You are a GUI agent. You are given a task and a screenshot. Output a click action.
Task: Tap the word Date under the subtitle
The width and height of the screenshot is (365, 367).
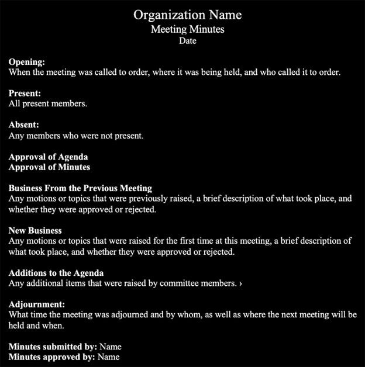click(x=187, y=41)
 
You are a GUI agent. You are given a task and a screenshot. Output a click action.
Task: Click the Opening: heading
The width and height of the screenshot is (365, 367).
click(x=27, y=62)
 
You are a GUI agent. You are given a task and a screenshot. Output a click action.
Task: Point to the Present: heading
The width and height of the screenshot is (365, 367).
click(x=25, y=94)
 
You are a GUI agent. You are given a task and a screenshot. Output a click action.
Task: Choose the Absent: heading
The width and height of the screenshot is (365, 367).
click(x=24, y=125)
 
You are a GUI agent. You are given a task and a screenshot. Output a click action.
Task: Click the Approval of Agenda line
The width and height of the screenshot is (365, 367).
click(x=49, y=157)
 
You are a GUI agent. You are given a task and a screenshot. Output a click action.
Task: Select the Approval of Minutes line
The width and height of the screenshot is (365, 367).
click(x=50, y=167)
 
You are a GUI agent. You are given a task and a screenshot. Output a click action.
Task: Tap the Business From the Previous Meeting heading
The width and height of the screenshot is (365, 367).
click(x=80, y=188)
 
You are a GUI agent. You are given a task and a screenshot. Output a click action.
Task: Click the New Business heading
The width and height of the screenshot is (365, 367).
click(x=35, y=230)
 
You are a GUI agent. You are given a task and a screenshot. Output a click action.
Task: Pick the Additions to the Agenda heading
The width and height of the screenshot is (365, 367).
click(x=56, y=273)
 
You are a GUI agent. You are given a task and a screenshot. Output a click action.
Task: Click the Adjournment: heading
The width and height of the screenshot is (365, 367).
click(x=37, y=304)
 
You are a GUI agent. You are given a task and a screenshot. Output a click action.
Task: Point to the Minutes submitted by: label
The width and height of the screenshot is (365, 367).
click(x=53, y=347)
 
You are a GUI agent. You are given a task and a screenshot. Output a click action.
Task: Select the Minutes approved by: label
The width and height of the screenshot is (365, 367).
click(x=52, y=356)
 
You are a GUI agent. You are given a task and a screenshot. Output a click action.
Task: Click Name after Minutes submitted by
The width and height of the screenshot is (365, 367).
click(x=111, y=347)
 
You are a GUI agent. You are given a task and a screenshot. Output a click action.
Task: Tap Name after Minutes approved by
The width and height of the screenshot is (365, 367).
click(x=108, y=356)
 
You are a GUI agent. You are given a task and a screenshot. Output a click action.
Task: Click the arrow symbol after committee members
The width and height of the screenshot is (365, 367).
click(x=241, y=283)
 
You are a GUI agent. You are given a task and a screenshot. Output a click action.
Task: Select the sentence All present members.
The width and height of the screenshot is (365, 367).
click(x=48, y=104)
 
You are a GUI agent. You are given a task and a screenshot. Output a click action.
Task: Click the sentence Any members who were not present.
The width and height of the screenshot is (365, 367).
click(x=76, y=136)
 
